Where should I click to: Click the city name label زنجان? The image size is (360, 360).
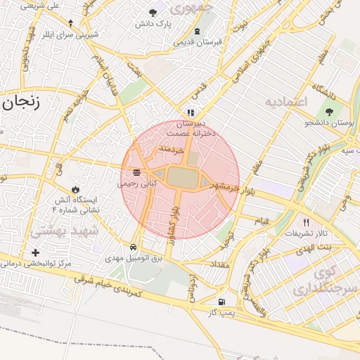(x=21, y=103)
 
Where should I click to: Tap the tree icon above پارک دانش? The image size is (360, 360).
(x=153, y=13)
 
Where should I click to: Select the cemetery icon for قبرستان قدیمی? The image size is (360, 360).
(x=197, y=31)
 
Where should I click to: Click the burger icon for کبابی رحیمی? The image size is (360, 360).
(x=136, y=172)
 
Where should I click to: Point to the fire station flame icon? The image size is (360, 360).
(x=75, y=190)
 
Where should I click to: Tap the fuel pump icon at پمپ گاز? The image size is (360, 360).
(x=222, y=302)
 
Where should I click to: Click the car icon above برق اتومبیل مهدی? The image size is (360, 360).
(x=134, y=247)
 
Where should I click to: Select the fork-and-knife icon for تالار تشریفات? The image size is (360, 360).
(x=306, y=222)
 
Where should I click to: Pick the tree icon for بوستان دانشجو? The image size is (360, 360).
(x=328, y=112)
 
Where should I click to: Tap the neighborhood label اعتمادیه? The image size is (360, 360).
(x=286, y=103)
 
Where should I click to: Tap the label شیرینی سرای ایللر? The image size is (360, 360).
(x=63, y=33)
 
